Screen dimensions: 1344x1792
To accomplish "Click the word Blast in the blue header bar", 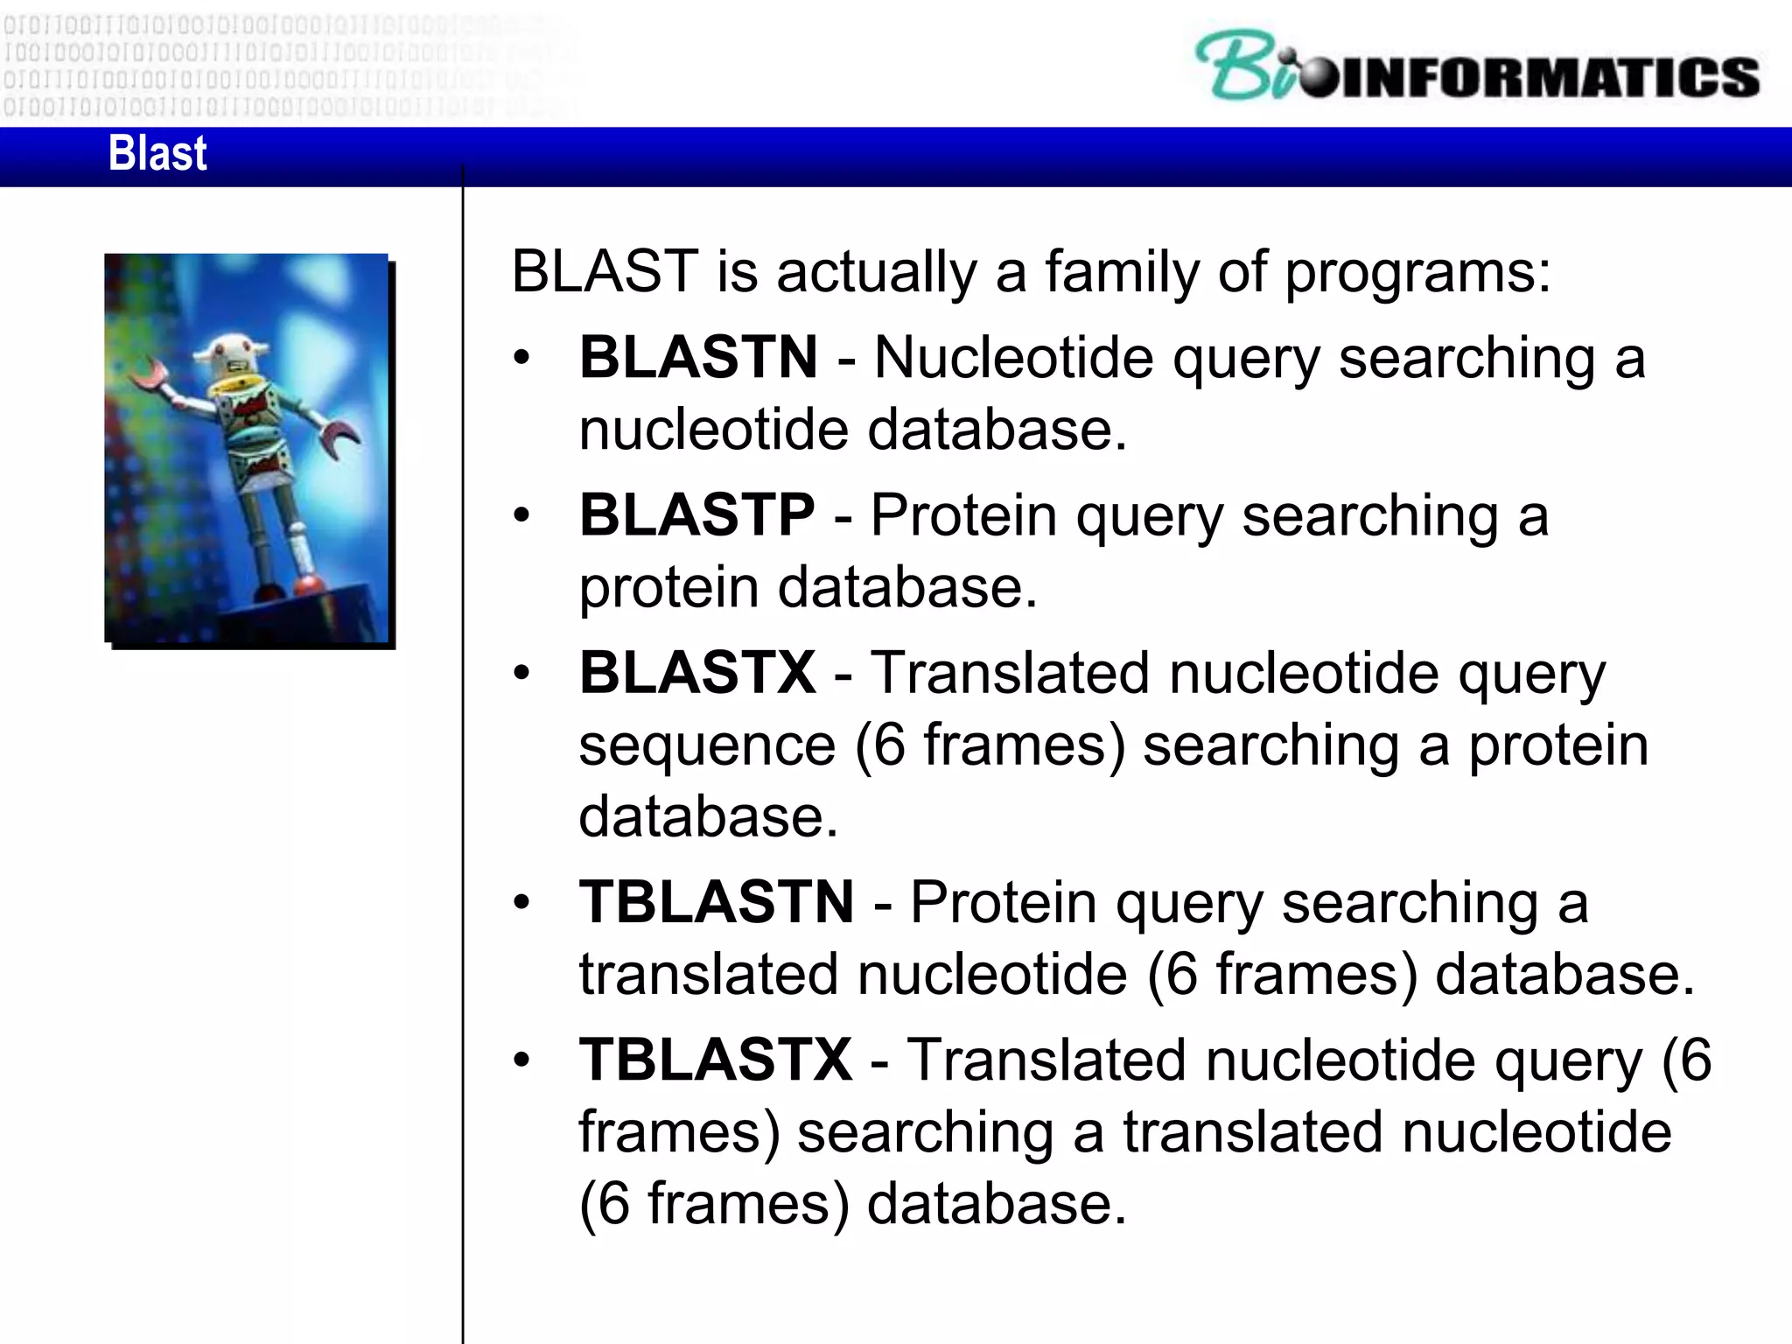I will [x=157, y=154].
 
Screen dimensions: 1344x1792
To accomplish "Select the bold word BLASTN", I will [x=698, y=358].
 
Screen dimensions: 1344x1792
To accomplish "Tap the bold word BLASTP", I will [x=696, y=514].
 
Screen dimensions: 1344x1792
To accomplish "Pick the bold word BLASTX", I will [x=697, y=673].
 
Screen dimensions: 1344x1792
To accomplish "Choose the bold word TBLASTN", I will [x=716, y=902].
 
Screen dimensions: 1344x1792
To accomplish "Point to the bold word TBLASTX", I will [x=715, y=1060].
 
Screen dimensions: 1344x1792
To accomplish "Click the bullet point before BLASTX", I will [x=522, y=674].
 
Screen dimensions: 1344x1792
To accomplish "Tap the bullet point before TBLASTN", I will [x=522, y=903].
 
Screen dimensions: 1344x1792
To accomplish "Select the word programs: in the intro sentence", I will [x=1417, y=273].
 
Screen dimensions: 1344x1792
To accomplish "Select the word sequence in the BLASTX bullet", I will [x=707, y=745].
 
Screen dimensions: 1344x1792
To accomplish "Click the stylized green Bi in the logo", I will [x=1247, y=66].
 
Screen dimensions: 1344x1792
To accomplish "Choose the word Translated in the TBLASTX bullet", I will [x=1046, y=1060].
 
